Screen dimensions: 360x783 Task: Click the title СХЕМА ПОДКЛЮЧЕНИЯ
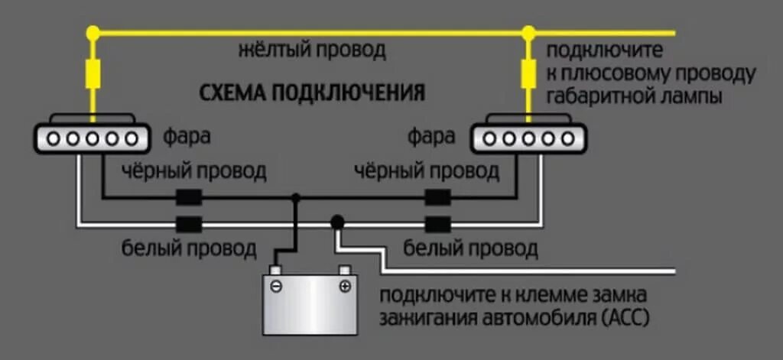coord(312,93)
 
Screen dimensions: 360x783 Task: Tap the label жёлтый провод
coord(312,52)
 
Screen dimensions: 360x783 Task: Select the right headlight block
coord(528,138)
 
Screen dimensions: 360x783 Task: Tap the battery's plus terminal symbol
coord(345,287)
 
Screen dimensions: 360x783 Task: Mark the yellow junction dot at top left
coord(93,33)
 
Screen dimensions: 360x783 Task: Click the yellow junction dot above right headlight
coord(528,33)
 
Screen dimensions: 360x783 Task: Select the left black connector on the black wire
coord(189,198)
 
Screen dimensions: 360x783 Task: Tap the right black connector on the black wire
coord(438,198)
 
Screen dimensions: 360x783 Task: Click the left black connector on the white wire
coord(189,225)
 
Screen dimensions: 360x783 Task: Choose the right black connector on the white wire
coord(438,225)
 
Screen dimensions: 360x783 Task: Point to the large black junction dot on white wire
coord(336,222)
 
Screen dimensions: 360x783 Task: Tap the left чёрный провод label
coord(194,171)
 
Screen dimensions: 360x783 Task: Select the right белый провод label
coord(470,248)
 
